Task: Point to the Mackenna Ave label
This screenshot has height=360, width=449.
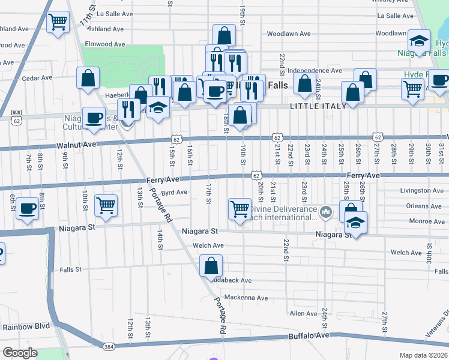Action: (246, 298)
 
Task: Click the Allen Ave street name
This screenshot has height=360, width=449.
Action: (303, 314)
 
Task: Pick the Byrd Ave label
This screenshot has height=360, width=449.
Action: (174, 193)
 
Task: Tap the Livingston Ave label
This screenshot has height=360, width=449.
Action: (422, 191)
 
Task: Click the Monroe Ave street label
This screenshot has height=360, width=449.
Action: (426, 221)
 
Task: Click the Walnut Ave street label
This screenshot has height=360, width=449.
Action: (76, 145)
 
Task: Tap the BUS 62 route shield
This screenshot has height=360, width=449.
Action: (17, 118)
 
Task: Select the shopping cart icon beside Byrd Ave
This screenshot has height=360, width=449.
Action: (106, 205)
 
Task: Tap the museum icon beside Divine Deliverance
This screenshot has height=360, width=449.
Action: (326, 211)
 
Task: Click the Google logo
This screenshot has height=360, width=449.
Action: (20, 353)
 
